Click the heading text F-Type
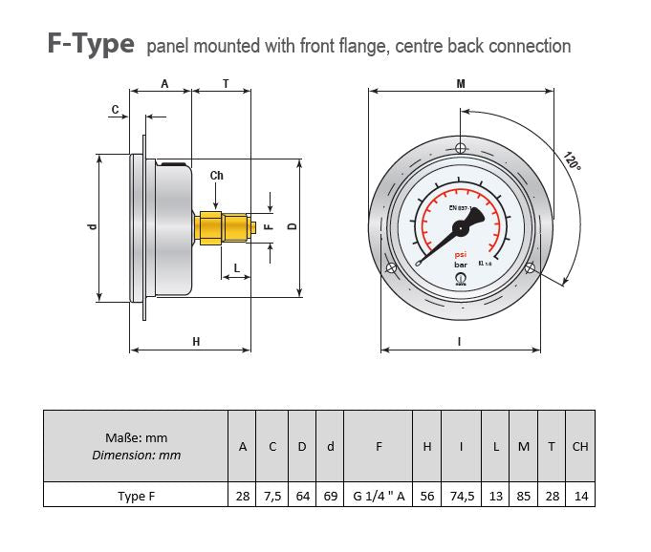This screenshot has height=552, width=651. [91, 45]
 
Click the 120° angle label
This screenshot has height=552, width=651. [572, 160]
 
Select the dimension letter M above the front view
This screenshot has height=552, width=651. [461, 84]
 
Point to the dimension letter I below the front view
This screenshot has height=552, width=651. [460, 342]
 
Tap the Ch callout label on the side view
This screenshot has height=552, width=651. [217, 175]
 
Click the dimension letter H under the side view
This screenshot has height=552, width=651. [195, 342]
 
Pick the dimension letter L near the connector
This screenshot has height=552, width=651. [236, 267]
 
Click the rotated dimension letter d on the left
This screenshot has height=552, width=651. [92, 226]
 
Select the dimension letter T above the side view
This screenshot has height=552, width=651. [226, 84]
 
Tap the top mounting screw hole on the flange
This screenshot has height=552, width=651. [461, 148]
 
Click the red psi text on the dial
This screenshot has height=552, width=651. [460, 254]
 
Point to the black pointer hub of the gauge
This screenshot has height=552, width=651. [460, 227]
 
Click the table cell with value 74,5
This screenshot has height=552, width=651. [462, 496]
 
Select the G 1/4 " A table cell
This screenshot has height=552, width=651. [378, 496]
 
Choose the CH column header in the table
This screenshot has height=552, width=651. [580, 446]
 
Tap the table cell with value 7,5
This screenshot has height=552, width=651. [272, 496]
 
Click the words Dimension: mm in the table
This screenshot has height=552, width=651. [136, 456]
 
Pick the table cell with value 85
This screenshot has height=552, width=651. [524, 496]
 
